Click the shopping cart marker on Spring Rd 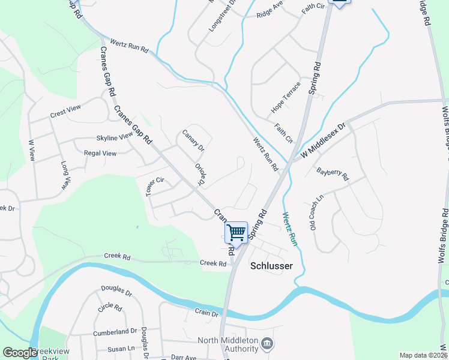(x=237, y=232)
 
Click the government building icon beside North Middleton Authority (x=268, y=344)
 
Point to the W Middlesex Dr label (x=325, y=142)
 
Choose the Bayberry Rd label (x=333, y=174)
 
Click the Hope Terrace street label (x=285, y=98)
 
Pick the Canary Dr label (x=193, y=140)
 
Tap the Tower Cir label (x=155, y=185)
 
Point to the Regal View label (x=100, y=153)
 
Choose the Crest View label (x=65, y=112)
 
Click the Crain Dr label (x=206, y=312)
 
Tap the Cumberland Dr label (x=115, y=332)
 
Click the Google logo (x=20, y=353)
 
